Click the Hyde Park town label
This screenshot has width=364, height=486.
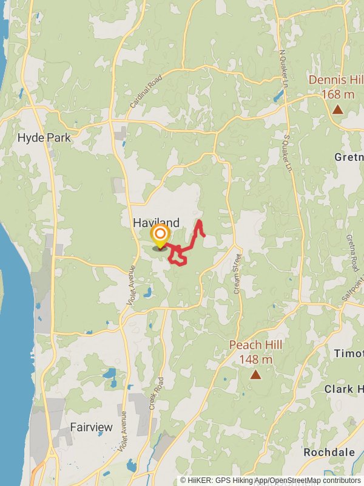point(44,138)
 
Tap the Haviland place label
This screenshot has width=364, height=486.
point(156,223)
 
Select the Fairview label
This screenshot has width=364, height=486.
point(91,427)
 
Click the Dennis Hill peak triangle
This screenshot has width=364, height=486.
point(337,110)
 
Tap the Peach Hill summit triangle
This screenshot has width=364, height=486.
point(255,375)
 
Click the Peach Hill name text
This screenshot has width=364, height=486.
point(255,345)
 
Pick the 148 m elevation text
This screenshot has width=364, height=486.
point(255,359)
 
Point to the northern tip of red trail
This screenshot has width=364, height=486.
point(199,220)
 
